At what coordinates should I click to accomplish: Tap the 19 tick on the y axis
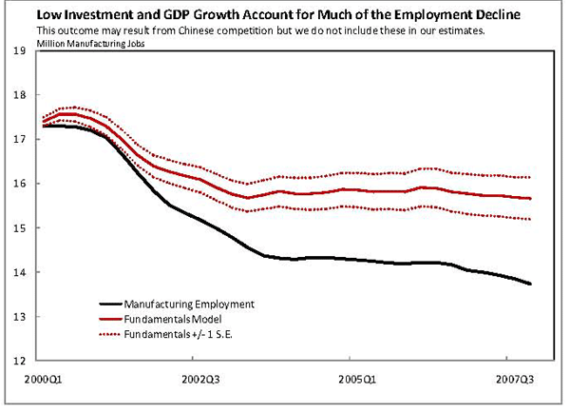pyautogui.click(x=19, y=50)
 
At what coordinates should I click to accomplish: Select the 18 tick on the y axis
pyautogui.click(x=19, y=95)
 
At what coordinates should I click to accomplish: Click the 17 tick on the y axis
pyautogui.click(x=19, y=140)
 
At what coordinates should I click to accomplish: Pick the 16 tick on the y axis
pyautogui.click(x=19, y=184)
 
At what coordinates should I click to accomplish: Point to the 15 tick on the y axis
pyautogui.click(x=19, y=228)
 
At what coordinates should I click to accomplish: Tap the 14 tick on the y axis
pyautogui.click(x=19, y=273)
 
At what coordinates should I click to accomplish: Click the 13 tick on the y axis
pyautogui.click(x=19, y=317)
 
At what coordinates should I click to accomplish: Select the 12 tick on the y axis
pyautogui.click(x=19, y=362)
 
